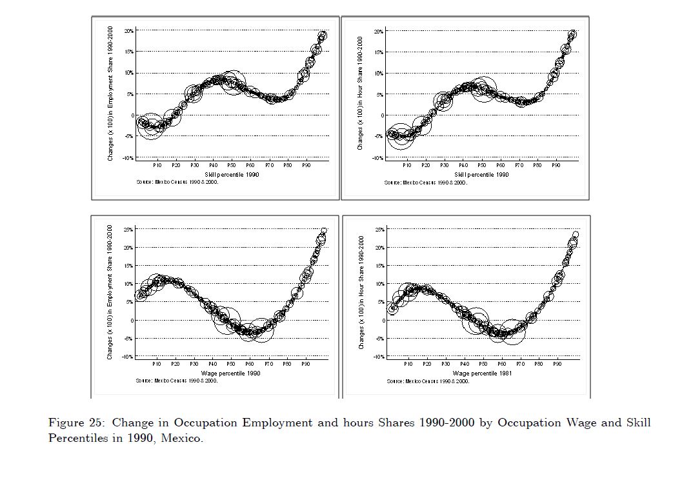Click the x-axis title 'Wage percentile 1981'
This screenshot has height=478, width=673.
point(482,373)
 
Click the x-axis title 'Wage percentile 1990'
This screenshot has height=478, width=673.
point(230,373)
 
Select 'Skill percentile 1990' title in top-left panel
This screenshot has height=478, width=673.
point(232,175)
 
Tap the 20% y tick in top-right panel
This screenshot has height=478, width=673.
point(378,32)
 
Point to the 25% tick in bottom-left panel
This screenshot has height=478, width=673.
point(128,230)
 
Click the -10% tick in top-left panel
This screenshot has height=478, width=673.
point(128,158)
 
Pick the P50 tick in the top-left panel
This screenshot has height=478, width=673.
point(232,166)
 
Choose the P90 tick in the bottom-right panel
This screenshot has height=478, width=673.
point(557,364)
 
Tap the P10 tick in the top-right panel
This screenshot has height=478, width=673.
point(407,166)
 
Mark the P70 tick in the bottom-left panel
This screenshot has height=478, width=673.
point(268,364)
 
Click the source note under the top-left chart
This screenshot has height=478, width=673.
point(177,183)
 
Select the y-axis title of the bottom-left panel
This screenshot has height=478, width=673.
point(110,292)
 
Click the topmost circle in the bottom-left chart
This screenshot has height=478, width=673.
point(324,230)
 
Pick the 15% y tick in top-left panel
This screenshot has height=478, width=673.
point(128,52)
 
